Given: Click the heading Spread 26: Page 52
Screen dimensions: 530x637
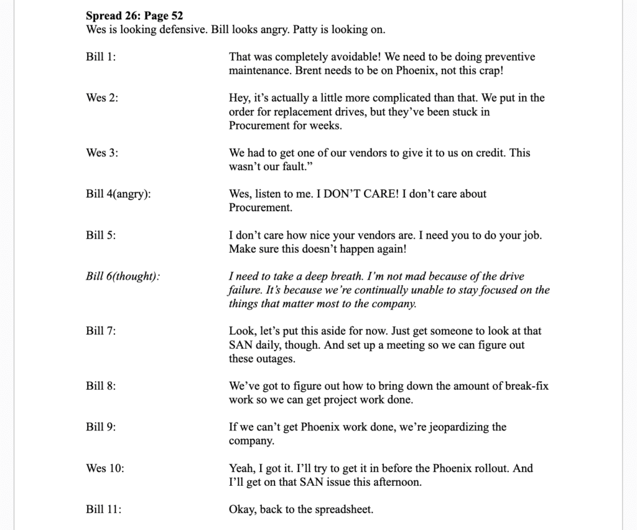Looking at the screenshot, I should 134,16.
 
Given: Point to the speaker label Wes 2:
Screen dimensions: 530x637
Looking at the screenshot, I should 102,98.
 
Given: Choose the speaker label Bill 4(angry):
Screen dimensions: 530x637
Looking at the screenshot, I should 118,194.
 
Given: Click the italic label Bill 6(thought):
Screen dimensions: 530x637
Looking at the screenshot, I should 123,276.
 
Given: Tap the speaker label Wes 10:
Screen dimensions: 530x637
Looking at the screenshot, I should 105,468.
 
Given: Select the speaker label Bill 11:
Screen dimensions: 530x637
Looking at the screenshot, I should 103,509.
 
